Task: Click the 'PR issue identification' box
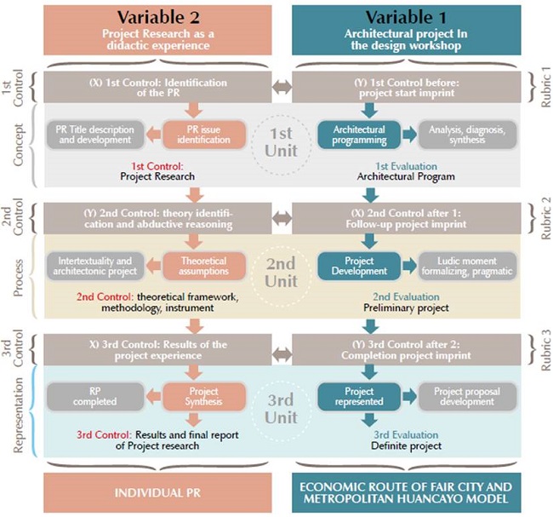point(204,135)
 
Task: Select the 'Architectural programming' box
point(359,135)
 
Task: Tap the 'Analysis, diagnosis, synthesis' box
point(467,135)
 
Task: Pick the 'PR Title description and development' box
point(95,135)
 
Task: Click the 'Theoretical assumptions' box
point(204,266)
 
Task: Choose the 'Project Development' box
point(359,266)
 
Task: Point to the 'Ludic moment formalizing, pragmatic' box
point(467,266)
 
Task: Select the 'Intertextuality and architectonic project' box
point(95,266)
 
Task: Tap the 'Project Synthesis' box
point(204,397)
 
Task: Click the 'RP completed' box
point(95,397)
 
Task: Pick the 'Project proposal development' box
point(467,397)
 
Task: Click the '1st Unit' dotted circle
point(282,116)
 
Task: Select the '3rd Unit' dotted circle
point(282,381)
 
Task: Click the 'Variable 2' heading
point(158,17)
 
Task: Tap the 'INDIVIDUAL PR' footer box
point(157,492)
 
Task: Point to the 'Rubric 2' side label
point(545,218)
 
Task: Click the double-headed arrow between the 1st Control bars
point(282,88)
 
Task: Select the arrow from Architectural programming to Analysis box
point(409,135)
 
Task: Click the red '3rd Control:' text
point(105,434)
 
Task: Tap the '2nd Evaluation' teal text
point(406,296)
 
